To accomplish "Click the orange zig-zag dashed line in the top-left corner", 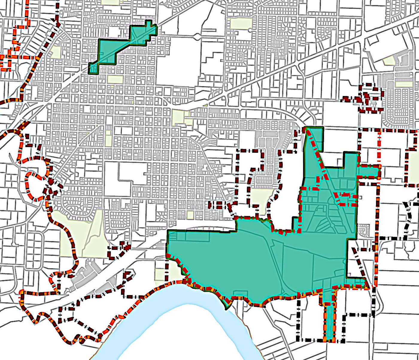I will (15, 45).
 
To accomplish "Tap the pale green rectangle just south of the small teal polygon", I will (115, 80).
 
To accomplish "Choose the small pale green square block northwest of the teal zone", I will (190, 214).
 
